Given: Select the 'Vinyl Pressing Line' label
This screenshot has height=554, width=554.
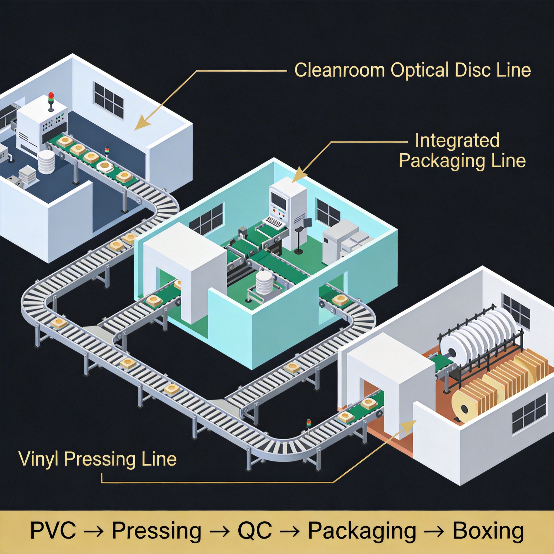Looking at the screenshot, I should coord(97,459).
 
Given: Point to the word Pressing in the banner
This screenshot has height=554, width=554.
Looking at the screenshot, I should coord(156,531).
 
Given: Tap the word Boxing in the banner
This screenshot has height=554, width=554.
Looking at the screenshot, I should coord(488,531).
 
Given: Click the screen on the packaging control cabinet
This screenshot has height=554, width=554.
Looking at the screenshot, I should coord(279,201).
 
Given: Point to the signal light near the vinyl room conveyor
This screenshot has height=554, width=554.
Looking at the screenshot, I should coord(308,423).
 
